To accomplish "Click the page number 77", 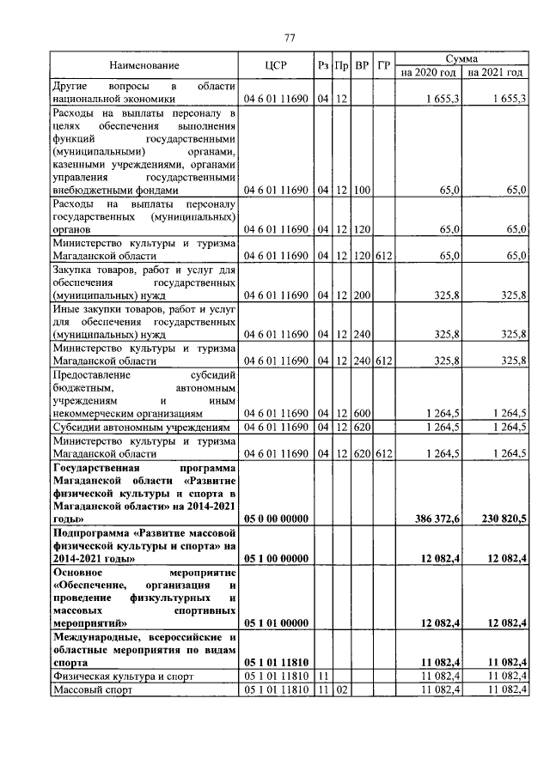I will [x=290, y=37].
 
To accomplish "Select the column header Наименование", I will [x=144, y=65].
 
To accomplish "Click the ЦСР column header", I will [x=276, y=65].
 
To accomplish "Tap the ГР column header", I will [x=384, y=65].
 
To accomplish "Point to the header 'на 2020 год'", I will [x=430, y=72].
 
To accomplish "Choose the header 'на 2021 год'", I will [x=496, y=72].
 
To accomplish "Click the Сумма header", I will [x=462, y=58].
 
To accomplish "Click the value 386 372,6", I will [x=437, y=519].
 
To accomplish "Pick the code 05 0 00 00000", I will [x=276, y=519].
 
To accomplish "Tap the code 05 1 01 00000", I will [x=276, y=622].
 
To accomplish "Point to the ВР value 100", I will [x=362, y=190].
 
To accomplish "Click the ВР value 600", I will [x=362, y=414].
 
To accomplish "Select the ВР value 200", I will [x=362, y=295].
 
